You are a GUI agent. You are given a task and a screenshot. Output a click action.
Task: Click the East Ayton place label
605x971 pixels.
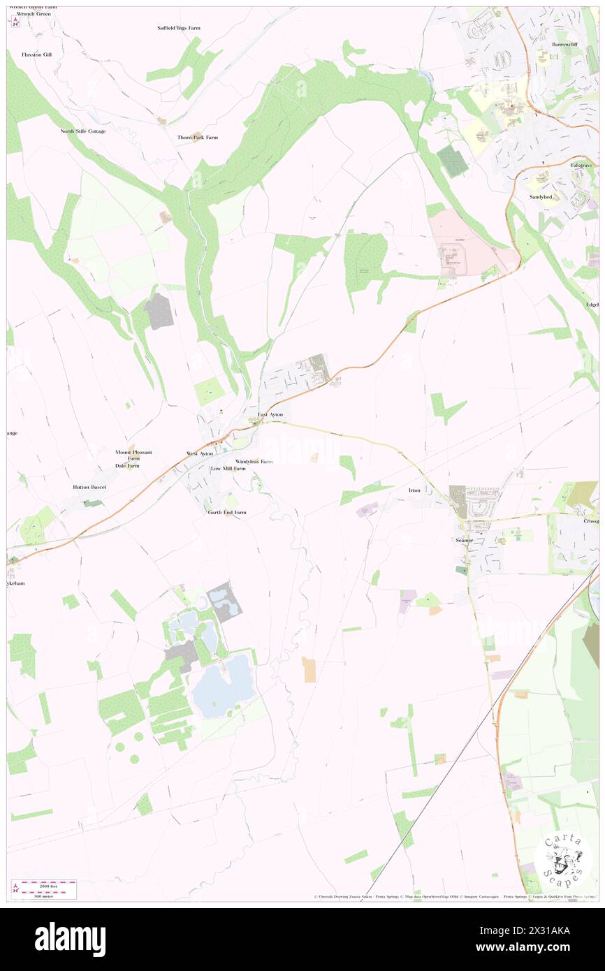click(270, 415)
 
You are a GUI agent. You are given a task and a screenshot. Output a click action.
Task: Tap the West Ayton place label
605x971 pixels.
click(200, 454)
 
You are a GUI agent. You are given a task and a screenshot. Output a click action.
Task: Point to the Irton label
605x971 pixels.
click(414, 490)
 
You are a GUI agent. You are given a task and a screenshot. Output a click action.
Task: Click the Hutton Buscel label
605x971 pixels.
click(89, 487)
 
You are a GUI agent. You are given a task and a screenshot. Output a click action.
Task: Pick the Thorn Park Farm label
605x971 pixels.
click(198, 138)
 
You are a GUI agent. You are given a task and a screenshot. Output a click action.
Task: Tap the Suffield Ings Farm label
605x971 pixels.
click(179, 28)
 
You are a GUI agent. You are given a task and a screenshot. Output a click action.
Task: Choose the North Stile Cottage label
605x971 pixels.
click(83, 131)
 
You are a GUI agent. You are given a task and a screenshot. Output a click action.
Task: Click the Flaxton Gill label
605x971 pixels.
click(37, 54)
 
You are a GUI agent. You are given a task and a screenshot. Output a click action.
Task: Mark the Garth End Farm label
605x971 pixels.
click(227, 513)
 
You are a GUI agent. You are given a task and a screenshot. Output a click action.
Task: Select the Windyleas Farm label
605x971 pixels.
click(254, 462)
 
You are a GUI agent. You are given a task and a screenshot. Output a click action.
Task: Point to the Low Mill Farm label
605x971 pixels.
click(228, 469)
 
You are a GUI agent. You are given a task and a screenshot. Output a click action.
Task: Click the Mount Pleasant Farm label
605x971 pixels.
click(133, 455)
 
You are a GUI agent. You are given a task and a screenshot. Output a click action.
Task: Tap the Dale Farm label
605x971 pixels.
click(128, 466)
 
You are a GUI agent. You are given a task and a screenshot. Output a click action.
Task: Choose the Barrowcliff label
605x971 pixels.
click(564, 44)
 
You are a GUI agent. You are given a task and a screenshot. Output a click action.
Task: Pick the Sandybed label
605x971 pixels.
click(540, 197)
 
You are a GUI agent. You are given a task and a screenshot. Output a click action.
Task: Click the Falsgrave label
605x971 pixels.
click(581, 165)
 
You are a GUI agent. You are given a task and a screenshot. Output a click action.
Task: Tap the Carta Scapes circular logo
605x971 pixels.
click(563, 857)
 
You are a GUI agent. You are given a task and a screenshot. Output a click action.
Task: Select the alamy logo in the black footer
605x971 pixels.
click(70, 940)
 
